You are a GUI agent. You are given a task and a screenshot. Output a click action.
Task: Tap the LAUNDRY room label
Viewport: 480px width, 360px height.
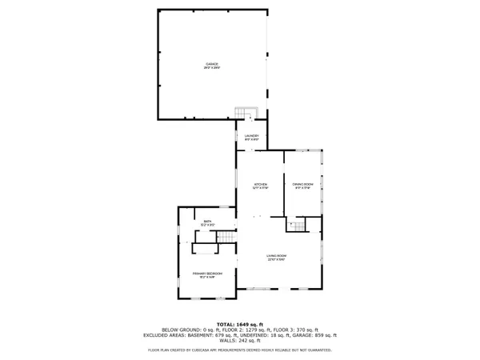point(251,136)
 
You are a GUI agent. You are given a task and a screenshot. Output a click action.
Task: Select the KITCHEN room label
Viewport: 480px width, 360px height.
point(260,183)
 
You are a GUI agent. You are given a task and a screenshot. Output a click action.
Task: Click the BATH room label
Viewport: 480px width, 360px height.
point(207,221)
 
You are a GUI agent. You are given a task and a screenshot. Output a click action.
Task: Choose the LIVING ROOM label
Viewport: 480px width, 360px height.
point(277,255)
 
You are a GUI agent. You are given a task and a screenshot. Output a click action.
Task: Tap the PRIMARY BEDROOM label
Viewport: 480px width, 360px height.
point(206,274)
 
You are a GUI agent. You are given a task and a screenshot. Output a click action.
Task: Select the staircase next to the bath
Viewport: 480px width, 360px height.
point(227,238)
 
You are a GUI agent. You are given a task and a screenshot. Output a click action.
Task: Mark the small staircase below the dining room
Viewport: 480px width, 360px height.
point(298,226)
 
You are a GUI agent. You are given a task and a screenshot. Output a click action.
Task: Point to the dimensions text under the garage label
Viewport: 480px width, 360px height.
point(211,68)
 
